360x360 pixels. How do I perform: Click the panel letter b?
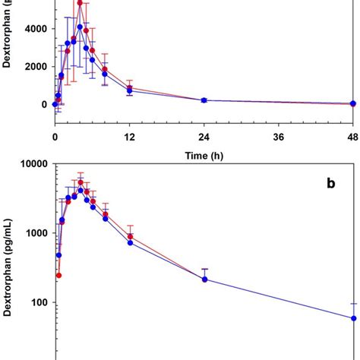330,183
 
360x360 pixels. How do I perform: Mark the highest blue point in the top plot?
80,27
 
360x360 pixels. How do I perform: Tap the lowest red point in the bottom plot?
58,275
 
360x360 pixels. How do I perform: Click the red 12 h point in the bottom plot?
130,237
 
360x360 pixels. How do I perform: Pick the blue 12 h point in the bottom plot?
130,242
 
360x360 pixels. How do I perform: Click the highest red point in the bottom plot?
81,182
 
